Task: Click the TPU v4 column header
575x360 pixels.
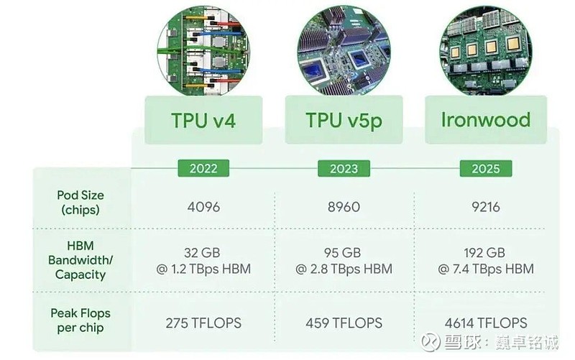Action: [203, 119]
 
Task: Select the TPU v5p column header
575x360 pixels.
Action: [344, 119]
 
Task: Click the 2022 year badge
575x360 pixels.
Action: [203, 169]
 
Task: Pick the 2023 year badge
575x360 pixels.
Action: [344, 169]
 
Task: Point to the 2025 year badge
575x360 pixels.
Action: [485, 169]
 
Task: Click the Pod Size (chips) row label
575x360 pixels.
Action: [80, 203]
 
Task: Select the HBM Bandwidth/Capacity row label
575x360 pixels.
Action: [80, 259]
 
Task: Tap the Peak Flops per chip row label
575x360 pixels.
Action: [80, 320]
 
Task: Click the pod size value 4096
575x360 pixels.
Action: [203, 208]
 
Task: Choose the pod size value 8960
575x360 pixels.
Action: [344, 208]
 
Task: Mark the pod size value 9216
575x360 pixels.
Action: [485, 208]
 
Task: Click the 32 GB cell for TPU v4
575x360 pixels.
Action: [203, 260]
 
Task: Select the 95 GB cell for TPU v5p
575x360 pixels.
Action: [344, 260]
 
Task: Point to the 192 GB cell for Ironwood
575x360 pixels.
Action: [485, 260]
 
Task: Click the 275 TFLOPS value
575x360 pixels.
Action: [203, 322]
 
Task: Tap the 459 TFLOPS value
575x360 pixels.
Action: [344, 322]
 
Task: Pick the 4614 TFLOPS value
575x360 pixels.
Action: [485, 322]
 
